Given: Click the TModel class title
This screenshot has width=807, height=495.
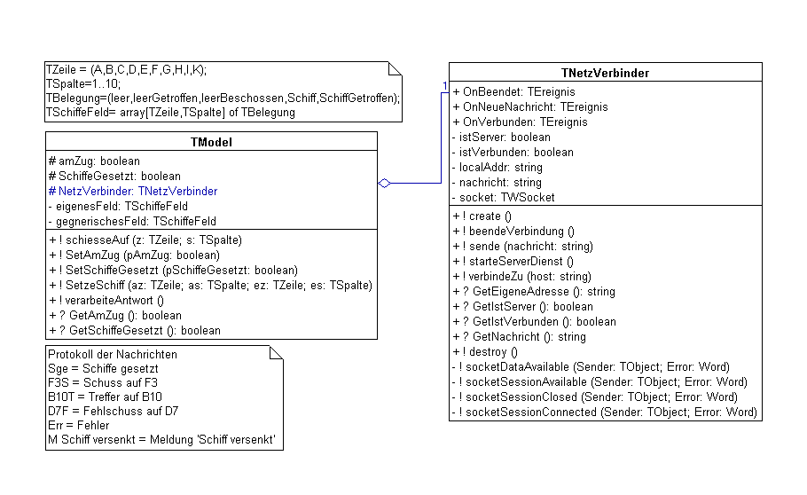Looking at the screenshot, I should [x=211, y=141].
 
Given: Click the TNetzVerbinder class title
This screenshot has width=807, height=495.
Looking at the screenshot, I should [x=605, y=72].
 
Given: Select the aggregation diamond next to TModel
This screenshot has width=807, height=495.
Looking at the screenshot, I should [x=384, y=184].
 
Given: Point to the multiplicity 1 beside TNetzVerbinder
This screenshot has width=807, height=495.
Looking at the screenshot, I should [x=445, y=86].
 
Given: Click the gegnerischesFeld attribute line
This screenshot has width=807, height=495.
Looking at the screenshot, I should [x=133, y=221].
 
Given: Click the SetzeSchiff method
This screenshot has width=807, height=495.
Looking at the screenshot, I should [x=210, y=285].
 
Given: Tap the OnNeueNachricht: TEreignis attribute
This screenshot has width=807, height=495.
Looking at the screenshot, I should [x=530, y=106].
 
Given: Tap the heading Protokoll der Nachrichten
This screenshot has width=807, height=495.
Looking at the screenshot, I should [x=113, y=354].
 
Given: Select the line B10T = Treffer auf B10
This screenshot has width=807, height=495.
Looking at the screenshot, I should [x=106, y=397].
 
